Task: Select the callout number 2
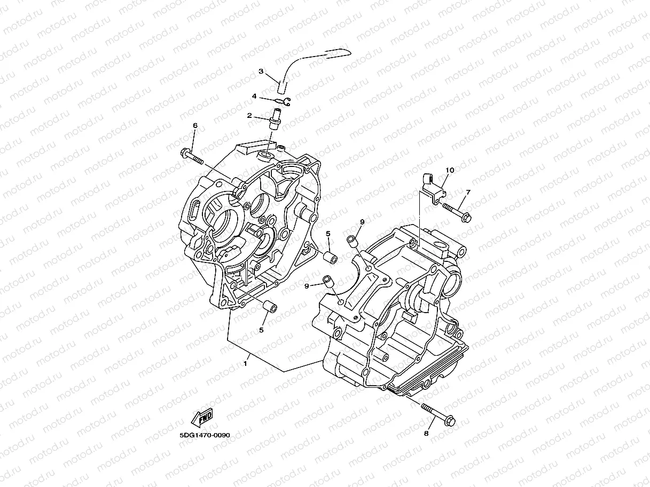pyautogui.click(x=249, y=115)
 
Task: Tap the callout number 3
pyautogui.click(x=261, y=71)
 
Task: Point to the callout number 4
pyautogui.click(x=270, y=97)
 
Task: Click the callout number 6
pyautogui.click(x=195, y=125)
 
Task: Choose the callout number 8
pyautogui.click(x=426, y=434)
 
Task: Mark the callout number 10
pyautogui.click(x=450, y=170)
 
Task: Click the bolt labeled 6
pyautogui.click(x=193, y=157)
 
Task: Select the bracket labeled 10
pyautogui.click(x=433, y=186)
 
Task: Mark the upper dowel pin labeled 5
pyautogui.click(x=331, y=259)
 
